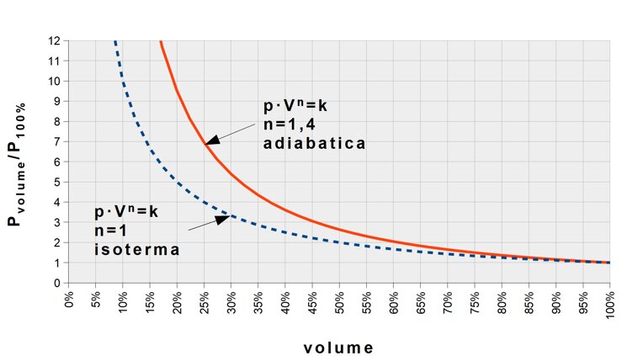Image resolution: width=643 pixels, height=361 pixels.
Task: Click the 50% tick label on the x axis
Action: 340,300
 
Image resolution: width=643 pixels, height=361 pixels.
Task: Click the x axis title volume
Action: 339,347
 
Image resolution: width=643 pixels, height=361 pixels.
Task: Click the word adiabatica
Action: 314,144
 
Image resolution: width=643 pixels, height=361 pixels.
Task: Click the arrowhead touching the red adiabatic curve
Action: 213,141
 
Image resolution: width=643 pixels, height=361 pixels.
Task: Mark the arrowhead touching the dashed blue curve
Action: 223,219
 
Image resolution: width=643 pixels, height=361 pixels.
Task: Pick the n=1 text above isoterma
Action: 109,230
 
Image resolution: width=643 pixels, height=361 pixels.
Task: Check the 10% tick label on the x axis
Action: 124,300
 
